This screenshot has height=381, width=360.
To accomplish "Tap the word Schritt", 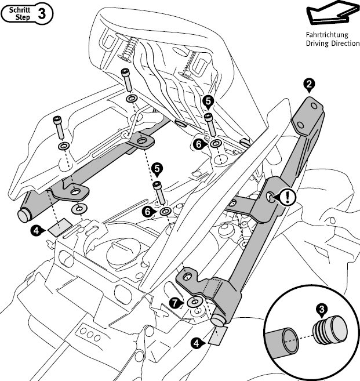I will click(x=19, y=10).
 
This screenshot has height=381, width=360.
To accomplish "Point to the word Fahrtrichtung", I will click(x=326, y=34).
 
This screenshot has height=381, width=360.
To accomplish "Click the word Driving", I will click(x=317, y=43).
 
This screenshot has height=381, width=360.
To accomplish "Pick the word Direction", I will click(x=344, y=43).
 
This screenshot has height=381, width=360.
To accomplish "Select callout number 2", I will click(x=309, y=85).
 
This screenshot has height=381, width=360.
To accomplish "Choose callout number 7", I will click(x=174, y=303).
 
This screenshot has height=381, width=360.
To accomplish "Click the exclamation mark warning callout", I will click(x=289, y=197).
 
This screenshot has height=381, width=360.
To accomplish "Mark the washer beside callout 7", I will click(x=194, y=302).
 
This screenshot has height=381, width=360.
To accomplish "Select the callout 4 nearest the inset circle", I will click(x=197, y=343).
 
